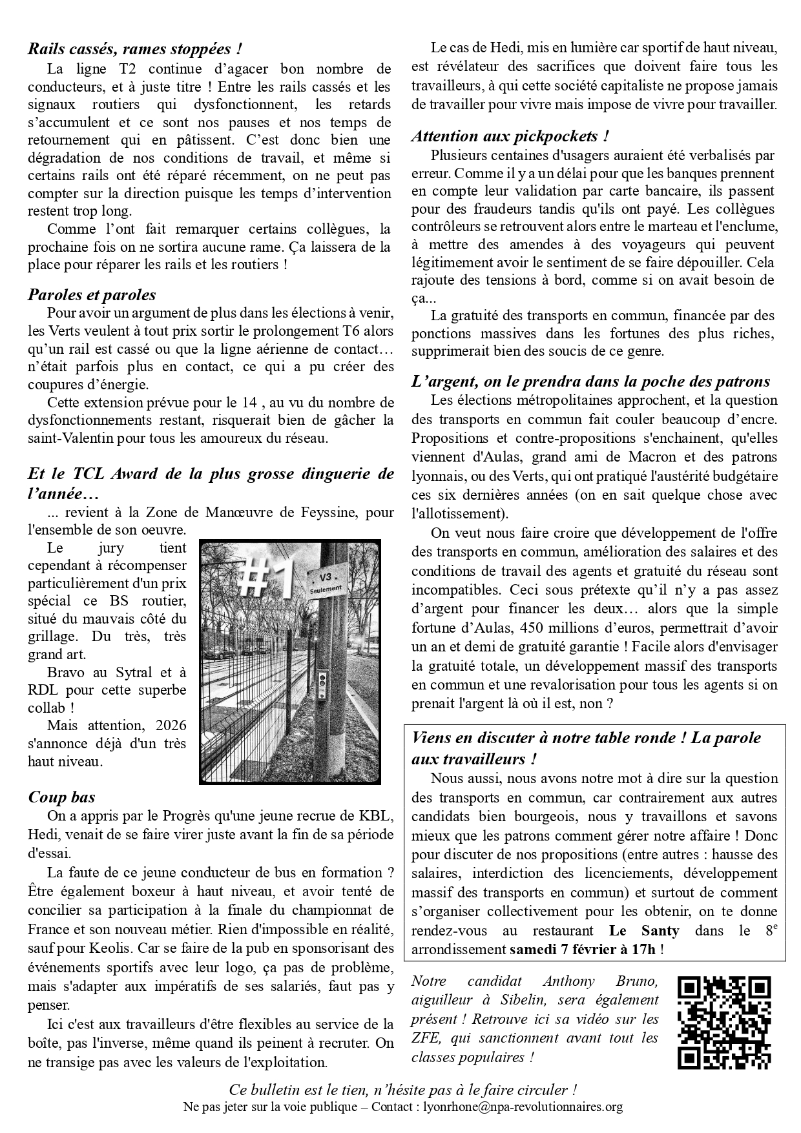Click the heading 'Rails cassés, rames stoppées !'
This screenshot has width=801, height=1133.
click(x=135, y=48)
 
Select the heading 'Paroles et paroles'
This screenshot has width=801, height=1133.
click(x=92, y=295)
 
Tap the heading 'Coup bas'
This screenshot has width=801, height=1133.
click(x=62, y=797)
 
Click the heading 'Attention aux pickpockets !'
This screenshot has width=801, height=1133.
click(x=510, y=136)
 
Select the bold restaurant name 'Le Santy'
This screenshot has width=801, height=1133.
click(x=643, y=931)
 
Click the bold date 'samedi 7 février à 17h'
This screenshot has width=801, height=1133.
click(x=583, y=950)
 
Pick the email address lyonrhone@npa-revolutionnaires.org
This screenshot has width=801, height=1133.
click(x=523, y=1107)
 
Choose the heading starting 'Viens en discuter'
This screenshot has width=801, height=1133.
click(x=586, y=738)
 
